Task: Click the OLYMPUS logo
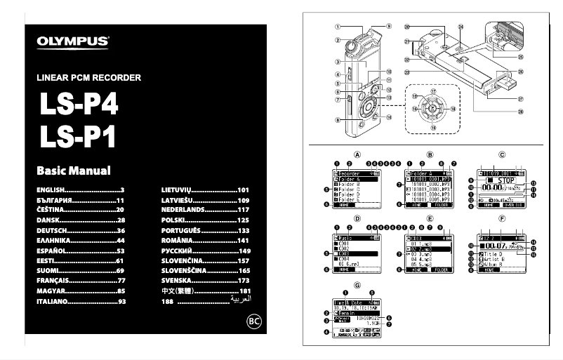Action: (73, 41)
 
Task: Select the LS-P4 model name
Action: (78, 106)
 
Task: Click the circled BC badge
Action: (255, 322)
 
